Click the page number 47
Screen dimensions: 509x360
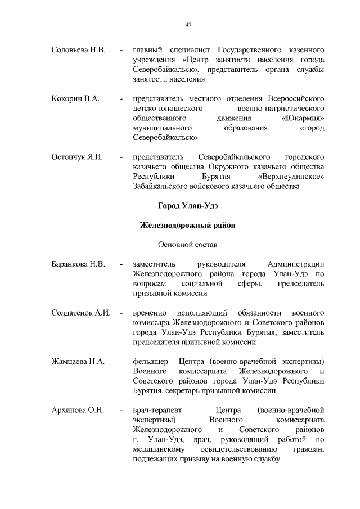click(x=189, y=24)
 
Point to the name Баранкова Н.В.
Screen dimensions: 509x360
click(x=79, y=264)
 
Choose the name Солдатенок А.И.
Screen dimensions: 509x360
click(x=80, y=312)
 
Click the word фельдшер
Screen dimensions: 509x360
click(x=149, y=361)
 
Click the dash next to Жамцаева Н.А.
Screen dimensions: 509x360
click(x=121, y=361)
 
